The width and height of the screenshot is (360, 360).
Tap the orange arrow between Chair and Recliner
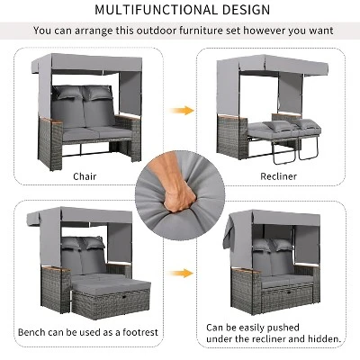pyautogui.click(x=184, y=110)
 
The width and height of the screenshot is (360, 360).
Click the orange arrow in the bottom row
pyautogui.click(x=184, y=272)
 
